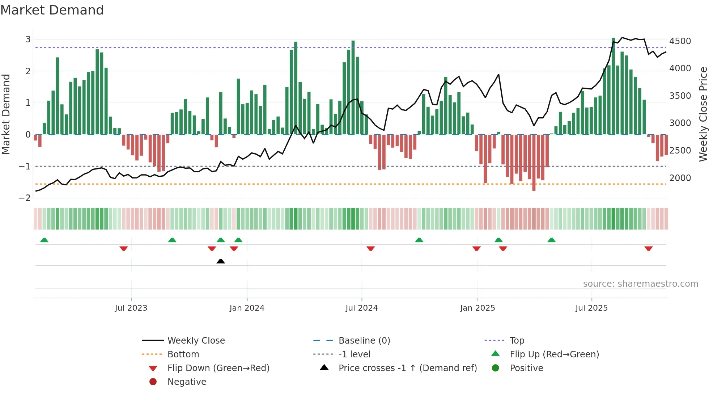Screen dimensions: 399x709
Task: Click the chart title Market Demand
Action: coord(52,10)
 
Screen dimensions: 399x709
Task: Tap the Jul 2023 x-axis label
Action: coord(131,308)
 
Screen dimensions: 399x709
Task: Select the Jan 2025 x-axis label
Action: coord(477,308)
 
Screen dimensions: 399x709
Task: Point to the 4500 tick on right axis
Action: coord(680,41)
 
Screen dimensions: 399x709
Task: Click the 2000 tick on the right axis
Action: coord(680,178)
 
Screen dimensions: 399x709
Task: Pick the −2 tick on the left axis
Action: coord(25,198)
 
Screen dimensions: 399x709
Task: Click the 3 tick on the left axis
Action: coord(28,39)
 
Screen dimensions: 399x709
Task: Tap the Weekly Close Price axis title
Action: coord(703,114)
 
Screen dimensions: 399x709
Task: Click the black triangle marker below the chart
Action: coord(221,261)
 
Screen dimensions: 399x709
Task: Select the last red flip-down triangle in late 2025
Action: coord(648,248)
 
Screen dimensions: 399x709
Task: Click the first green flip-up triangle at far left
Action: coord(44,240)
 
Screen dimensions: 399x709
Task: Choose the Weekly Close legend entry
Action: coord(196,341)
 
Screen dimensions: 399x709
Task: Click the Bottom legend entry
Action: coord(183,354)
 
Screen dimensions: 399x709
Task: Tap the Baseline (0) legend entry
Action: coord(364,341)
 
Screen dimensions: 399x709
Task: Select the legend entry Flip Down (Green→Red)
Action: coord(218,368)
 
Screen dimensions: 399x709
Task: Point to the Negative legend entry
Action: coord(187,382)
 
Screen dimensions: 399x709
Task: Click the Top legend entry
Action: coord(517,341)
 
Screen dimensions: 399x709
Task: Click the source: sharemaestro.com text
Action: coord(640,284)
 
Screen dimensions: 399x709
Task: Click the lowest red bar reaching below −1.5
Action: coord(534,163)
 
